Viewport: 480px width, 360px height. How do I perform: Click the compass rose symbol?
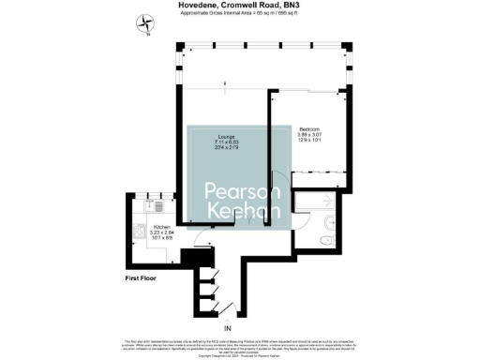[142, 22]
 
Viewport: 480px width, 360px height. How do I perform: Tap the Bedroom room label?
[310, 128]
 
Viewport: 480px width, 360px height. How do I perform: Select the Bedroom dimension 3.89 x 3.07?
[310, 135]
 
